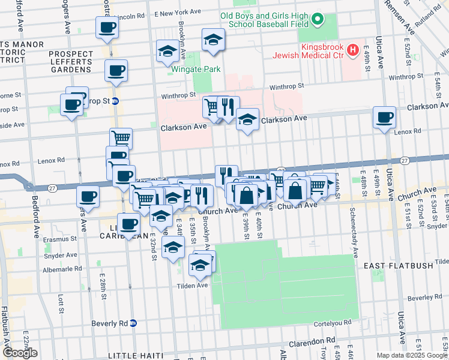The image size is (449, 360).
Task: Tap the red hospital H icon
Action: [354, 49]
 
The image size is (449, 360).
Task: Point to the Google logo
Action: [20, 353]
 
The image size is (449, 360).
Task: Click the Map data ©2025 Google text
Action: [411, 355]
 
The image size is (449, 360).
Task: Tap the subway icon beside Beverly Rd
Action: [134, 323]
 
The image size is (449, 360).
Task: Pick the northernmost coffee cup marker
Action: [107, 28]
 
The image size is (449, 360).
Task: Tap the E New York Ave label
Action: [177, 12]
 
